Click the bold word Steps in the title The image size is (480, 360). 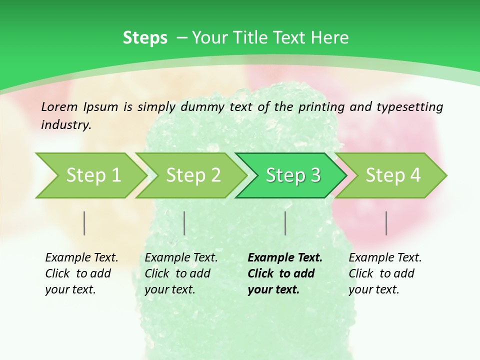pyautogui.click(x=145, y=38)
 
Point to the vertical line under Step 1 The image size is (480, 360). pyautogui.click(x=84, y=223)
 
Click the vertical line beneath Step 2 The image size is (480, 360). pyautogui.click(x=184, y=223)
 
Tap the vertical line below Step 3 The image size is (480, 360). pyautogui.click(x=285, y=223)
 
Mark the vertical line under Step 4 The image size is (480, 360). pyautogui.click(x=386, y=223)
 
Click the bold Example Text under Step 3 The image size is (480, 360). pyautogui.click(x=285, y=258)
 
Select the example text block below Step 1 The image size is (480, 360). pyautogui.click(x=81, y=273)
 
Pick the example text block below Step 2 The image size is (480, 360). pyautogui.click(x=181, y=273)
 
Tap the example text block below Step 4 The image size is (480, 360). pyautogui.click(x=385, y=273)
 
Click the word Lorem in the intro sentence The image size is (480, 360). pyautogui.click(x=59, y=107)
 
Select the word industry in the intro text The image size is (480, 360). pyautogui.click(x=65, y=125)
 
